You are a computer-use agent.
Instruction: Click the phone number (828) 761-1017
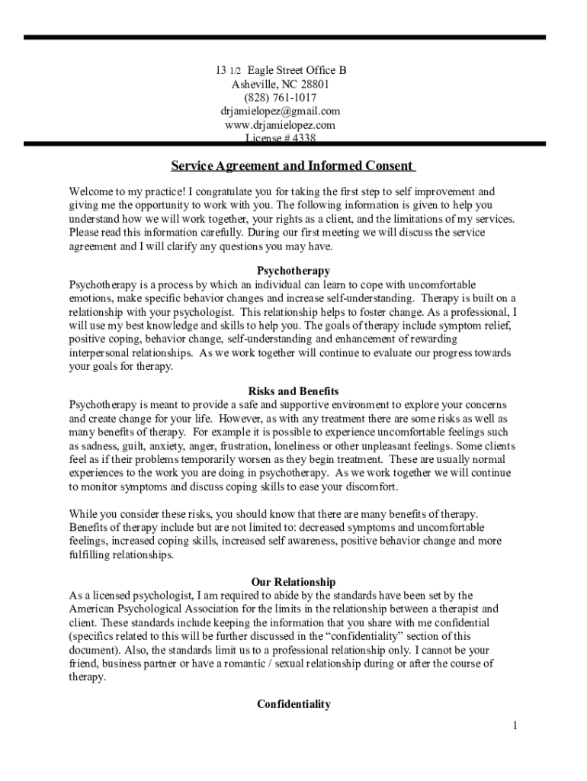click(281, 98)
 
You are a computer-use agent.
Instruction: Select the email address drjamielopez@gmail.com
click(281, 111)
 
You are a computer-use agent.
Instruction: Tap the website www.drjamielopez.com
click(281, 125)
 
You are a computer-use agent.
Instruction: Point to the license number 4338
click(300, 138)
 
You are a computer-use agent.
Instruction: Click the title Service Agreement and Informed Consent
click(291, 166)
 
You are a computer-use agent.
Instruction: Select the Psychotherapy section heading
click(293, 271)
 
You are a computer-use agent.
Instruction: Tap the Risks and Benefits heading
click(293, 391)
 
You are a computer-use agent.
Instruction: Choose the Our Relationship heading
click(293, 582)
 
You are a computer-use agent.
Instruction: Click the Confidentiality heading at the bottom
click(293, 704)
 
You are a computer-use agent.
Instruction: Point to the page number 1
click(515, 725)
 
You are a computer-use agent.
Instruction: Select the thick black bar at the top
click(284, 37)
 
